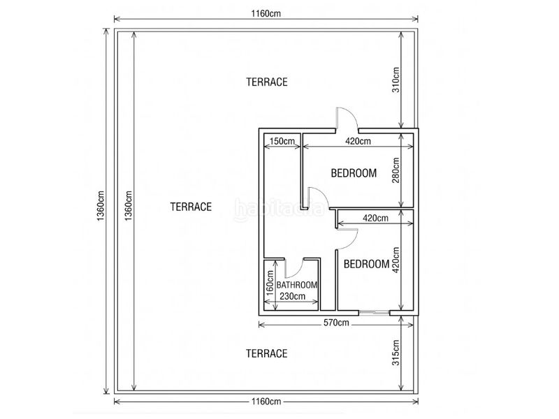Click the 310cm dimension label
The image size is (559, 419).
(396, 80)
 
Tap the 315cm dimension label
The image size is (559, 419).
(396, 353)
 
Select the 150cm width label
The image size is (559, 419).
(282, 141)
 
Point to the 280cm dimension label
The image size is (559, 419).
(396, 170)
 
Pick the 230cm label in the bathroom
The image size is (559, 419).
(292, 296)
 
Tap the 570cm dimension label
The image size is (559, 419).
(336, 323)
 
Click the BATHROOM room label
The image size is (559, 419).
(297, 285)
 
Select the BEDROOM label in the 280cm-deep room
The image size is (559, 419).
(354, 173)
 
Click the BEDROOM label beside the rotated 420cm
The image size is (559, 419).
(366, 264)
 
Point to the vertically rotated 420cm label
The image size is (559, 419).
(396, 260)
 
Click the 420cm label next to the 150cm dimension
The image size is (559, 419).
(358, 141)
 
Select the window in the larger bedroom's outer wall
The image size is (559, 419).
(374, 312)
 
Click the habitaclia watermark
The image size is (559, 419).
(279, 209)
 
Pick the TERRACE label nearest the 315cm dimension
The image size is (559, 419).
(267, 353)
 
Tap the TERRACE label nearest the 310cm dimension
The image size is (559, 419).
(267, 82)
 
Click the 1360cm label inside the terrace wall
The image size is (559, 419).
(129, 205)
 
